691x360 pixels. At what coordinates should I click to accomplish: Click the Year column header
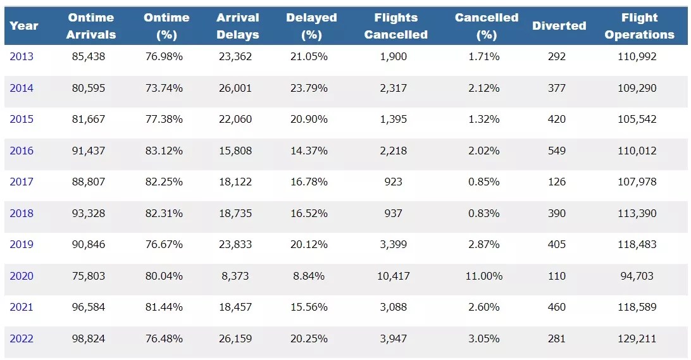coord(24,26)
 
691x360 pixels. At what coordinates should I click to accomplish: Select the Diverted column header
coord(559,26)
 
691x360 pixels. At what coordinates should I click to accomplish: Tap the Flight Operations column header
coord(639,26)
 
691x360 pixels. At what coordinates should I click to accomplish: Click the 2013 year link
coord(22,56)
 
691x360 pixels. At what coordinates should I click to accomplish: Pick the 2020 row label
coord(22,276)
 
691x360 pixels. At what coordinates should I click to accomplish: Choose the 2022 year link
coord(22,338)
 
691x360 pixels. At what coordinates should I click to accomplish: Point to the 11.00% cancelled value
coord(485,276)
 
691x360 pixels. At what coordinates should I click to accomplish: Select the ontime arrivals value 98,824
coord(89,338)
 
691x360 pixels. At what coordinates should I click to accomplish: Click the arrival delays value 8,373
coord(235,276)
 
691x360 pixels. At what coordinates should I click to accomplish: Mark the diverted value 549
coord(557,151)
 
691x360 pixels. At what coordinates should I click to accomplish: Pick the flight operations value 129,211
coord(637,338)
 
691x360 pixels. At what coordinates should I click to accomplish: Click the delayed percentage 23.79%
coord(309,88)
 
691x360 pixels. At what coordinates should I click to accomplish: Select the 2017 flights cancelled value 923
coord(393,182)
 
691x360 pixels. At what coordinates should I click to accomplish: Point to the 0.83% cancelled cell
coord(484,213)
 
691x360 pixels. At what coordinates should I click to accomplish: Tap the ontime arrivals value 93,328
coord(89,213)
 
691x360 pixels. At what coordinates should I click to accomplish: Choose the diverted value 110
coord(557,276)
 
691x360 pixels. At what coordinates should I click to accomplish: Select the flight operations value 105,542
coord(637,119)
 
